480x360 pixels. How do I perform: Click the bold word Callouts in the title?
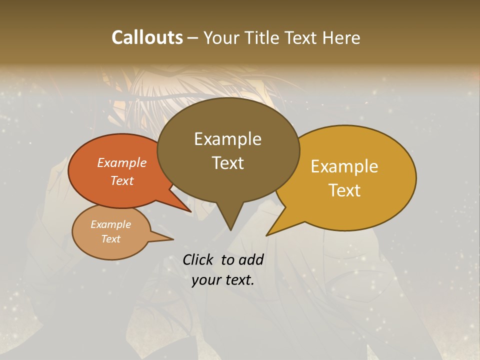click(147, 37)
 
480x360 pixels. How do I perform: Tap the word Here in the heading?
click(342, 37)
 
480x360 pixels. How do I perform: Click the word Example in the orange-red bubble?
click(122, 162)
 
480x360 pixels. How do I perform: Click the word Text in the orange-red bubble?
click(122, 180)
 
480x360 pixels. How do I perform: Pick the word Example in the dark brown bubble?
click(227, 139)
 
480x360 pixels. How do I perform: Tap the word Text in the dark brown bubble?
click(227, 163)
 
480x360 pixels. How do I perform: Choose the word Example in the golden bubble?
click(344, 166)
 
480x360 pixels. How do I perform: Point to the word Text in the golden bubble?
click(344, 190)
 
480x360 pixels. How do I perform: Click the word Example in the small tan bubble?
click(110, 224)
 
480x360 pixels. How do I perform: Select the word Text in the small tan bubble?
click(110, 239)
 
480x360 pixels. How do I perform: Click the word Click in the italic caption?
click(199, 259)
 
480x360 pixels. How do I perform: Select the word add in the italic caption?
click(250, 259)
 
